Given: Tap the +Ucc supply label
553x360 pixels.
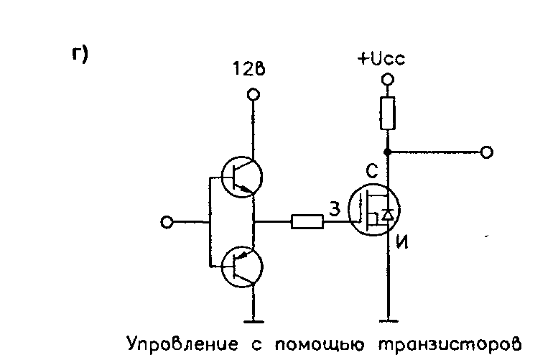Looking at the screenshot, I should pos(381,59).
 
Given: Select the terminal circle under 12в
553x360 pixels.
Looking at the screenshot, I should pos(252,94).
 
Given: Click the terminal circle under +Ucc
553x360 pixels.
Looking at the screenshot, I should pos(388,79).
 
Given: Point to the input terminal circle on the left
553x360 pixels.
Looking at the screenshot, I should pos(167,223).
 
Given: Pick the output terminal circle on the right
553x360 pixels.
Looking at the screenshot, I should pos(487,152).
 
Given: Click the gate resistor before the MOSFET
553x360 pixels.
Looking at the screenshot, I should pos(307,222).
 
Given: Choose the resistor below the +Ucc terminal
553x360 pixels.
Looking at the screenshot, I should pos(388,114).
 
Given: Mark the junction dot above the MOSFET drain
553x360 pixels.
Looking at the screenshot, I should pos(388,152).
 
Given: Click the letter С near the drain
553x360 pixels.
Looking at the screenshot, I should pos(371,171).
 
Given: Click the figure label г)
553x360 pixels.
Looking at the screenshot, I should pos(79,55).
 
